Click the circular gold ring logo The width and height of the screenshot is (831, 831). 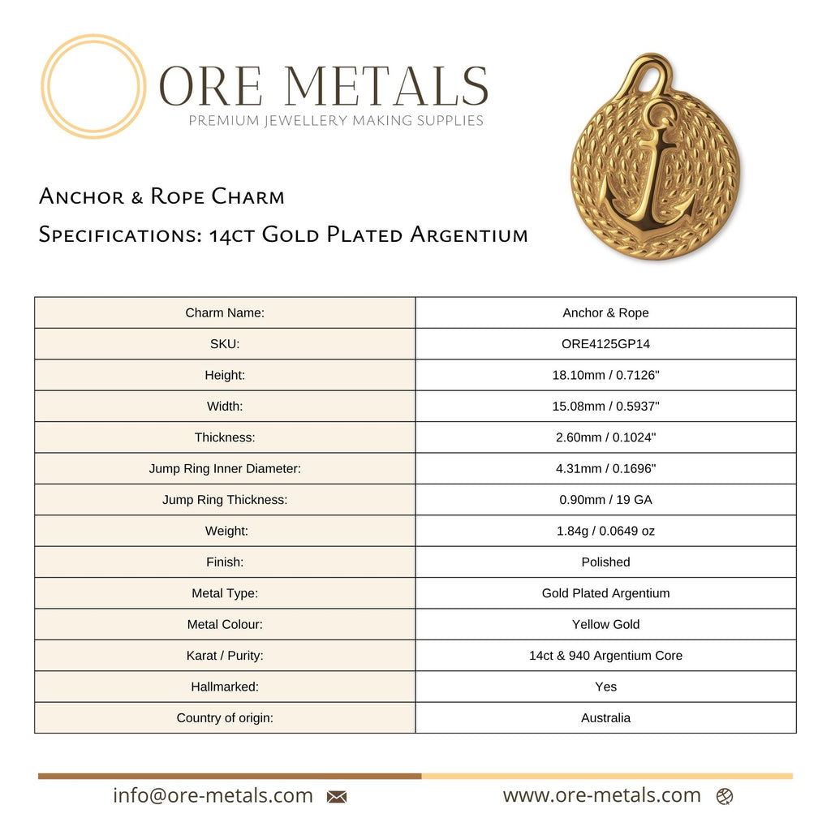pos(93,86)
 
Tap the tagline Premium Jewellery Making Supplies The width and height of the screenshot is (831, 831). pos(336,121)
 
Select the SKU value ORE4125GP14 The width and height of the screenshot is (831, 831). pos(605,344)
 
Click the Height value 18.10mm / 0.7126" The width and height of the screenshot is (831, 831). pos(605,375)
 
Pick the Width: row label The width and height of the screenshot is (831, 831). pos(225,406)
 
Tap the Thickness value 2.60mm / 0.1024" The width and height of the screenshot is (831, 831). pos(605,437)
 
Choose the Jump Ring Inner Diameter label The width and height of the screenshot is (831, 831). pos(225,468)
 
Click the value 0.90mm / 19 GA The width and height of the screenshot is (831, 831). pos(605,500)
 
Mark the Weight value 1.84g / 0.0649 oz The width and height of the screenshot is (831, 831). pos(605,531)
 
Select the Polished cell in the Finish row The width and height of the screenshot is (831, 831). pos(605,562)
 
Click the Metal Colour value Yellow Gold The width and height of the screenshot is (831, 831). pos(605,624)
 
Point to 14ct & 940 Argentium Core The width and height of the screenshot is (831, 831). pos(605,655)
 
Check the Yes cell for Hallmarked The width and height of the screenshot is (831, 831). pos(605,687)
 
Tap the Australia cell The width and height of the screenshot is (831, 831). pos(605,717)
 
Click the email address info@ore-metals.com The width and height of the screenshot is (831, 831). pos(213,796)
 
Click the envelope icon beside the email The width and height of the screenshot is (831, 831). pos(337,797)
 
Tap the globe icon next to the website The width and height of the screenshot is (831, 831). pos(725,797)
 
